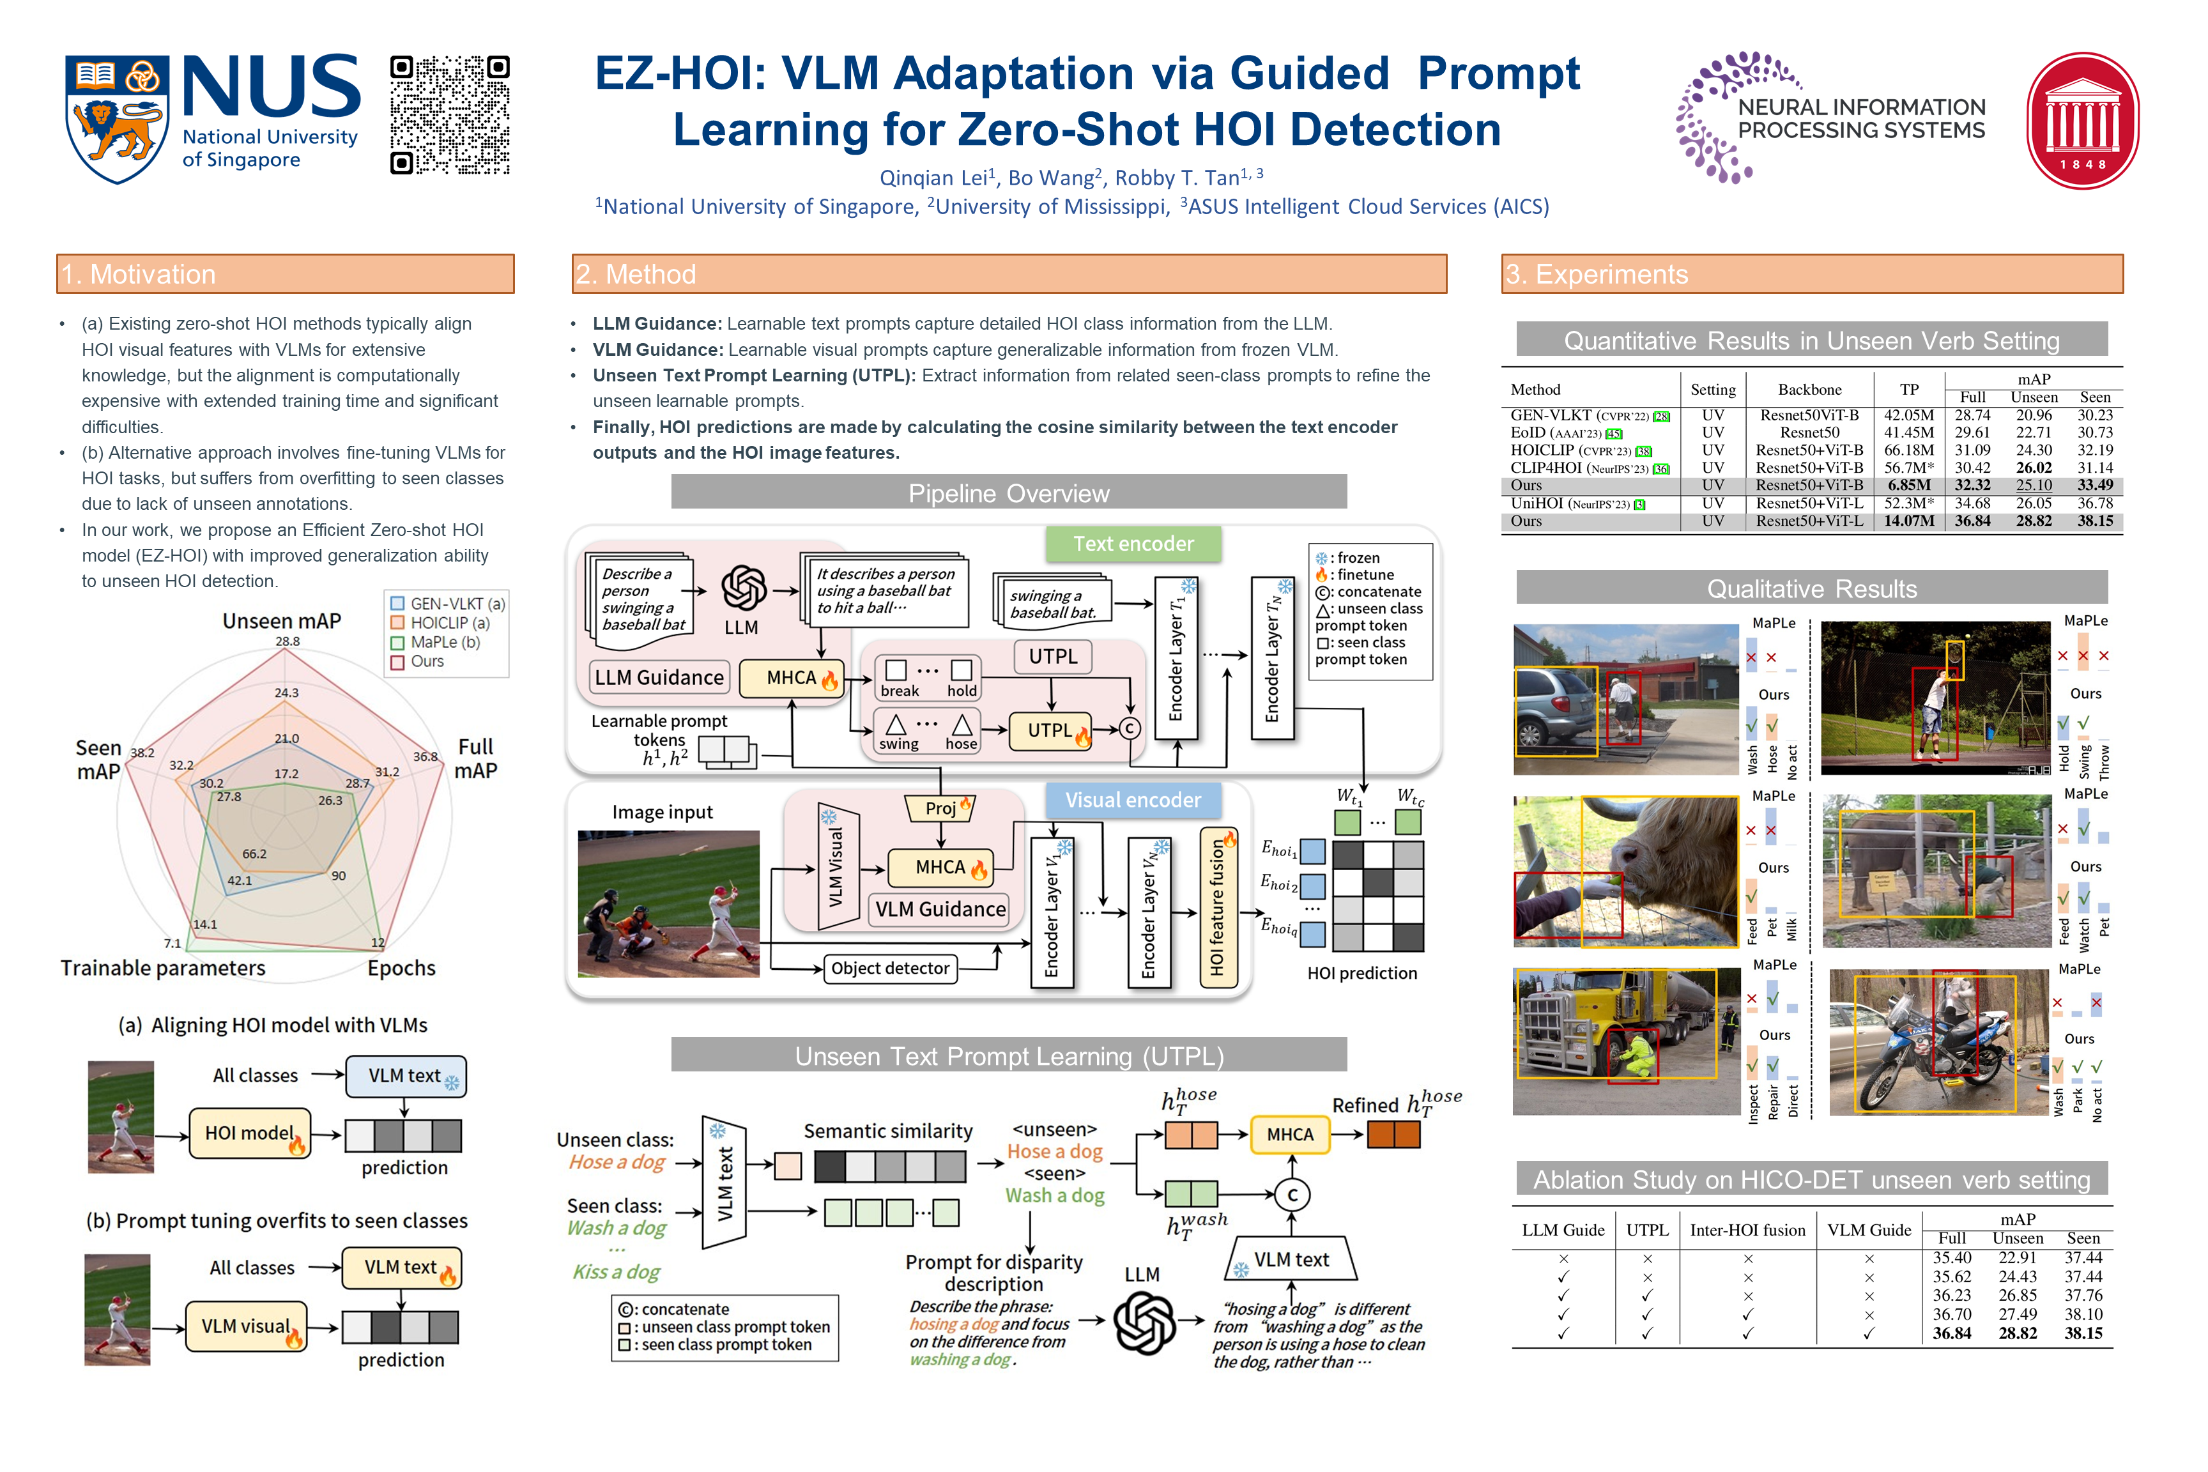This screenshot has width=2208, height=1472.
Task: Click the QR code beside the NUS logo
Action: click(x=450, y=114)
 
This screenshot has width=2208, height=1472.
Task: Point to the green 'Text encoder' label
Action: click(x=1133, y=544)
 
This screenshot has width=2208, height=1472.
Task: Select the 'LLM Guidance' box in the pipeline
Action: click(x=659, y=677)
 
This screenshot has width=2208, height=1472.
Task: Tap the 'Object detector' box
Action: click(x=890, y=968)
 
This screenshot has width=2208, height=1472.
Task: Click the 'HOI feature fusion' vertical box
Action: click(x=1218, y=907)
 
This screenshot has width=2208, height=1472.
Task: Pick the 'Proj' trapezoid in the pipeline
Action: click(x=940, y=808)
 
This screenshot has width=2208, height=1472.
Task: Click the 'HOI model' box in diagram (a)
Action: click(x=250, y=1133)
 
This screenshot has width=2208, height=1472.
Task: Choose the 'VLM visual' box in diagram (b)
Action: click(x=246, y=1326)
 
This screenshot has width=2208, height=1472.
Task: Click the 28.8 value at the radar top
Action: click(x=287, y=641)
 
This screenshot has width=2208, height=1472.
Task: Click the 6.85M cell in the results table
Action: click(x=1908, y=486)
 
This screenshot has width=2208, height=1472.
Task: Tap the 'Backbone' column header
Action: click(x=1809, y=390)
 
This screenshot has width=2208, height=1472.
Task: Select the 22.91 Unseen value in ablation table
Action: click(x=2016, y=1258)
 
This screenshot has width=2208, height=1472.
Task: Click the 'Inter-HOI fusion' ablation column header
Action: click(x=1747, y=1230)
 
